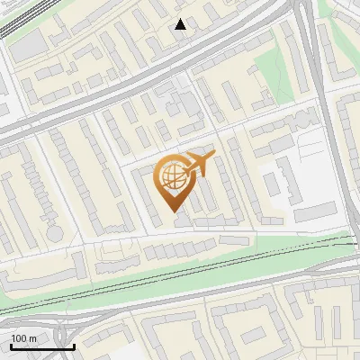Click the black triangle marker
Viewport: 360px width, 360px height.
point(181,24)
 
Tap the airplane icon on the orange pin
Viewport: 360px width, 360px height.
point(197,163)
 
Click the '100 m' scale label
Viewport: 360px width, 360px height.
point(24,338)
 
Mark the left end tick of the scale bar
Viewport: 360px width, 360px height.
point(11,346)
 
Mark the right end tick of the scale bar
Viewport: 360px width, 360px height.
point(74,346)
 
